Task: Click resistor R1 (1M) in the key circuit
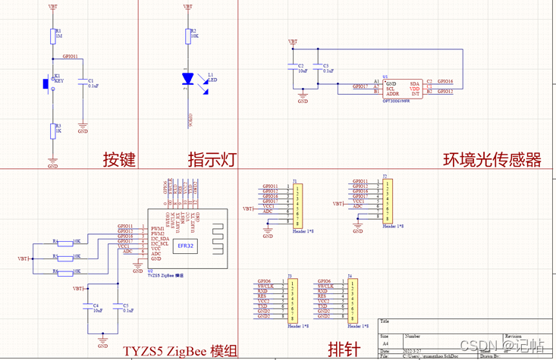click(52, 36)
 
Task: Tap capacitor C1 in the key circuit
click(83, 84)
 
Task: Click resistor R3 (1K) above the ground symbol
click(52, 130)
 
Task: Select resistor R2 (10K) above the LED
click(187, 36)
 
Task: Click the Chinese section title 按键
click(119, 159)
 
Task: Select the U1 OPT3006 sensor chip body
click(402, 88)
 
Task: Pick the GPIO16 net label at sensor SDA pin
click(445, 81)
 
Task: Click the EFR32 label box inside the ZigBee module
click(187, 246)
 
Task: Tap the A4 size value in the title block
click(385, 343)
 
